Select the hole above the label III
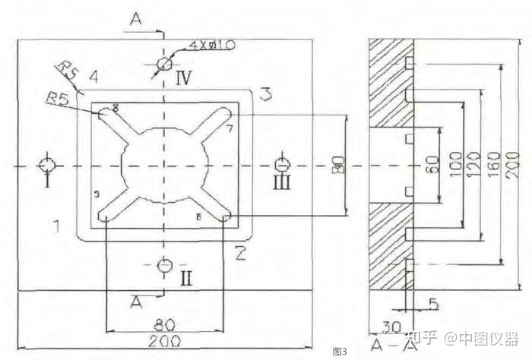(282, 164)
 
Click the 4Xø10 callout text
(212, 46)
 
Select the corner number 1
(56, 225)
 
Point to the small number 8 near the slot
(116, 108)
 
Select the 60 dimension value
(432, 164)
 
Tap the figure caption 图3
(340, 352)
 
